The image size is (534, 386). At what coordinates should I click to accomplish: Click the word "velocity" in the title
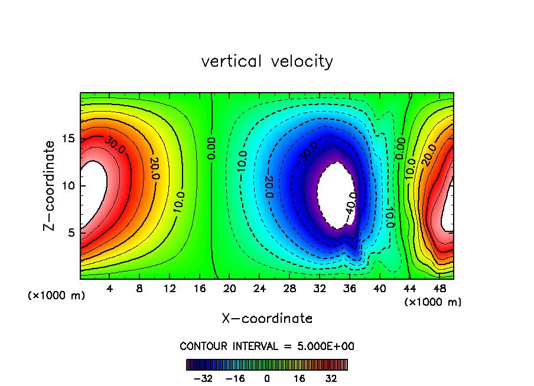coord(302,62)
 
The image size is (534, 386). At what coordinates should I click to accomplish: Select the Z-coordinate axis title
coord(50,185)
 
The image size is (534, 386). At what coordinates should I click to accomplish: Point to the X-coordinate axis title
coord(267,319)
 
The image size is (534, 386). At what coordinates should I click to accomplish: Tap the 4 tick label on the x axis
coord(110,289)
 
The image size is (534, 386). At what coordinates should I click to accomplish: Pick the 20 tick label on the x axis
coord(230,289)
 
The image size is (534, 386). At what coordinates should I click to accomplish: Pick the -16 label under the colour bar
coord(236,378)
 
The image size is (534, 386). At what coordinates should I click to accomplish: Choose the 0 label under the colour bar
coord(267,378)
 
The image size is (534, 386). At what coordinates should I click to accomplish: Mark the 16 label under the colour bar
coord(299,378)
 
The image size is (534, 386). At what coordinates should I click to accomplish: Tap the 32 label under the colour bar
coord(331,378)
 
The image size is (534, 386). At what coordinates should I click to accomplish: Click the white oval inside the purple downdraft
coord(334,192)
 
